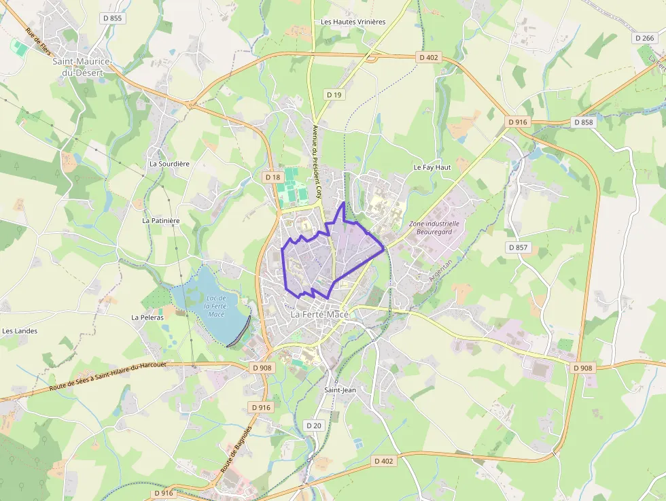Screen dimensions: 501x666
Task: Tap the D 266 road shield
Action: (x=644, y=38)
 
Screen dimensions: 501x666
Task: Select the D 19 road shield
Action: (x=334, y=94)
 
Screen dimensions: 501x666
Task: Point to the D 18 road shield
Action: (x=273, y=177)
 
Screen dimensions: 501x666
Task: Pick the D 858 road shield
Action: (x=583, y=122)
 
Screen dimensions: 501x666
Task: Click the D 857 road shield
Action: (x=518, y=247)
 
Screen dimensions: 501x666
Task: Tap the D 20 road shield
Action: (x=313, y=426)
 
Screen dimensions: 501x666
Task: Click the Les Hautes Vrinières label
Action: (x=353, y=22)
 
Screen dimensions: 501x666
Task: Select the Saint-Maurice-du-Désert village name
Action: (x=82, y=66)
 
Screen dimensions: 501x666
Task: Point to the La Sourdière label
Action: (x=169, y=164)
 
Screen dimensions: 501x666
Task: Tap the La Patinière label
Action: (x=160, y=220)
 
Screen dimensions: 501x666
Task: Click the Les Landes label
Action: (x=20, y=331)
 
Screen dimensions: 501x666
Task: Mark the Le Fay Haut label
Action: (x=432, y=167)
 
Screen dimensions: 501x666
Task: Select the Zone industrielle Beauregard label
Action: (x=434, y=227)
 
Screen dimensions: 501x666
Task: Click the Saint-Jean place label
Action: (x=340, y=390)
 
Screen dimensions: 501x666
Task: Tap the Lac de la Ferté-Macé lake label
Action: (x=217, y=306)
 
